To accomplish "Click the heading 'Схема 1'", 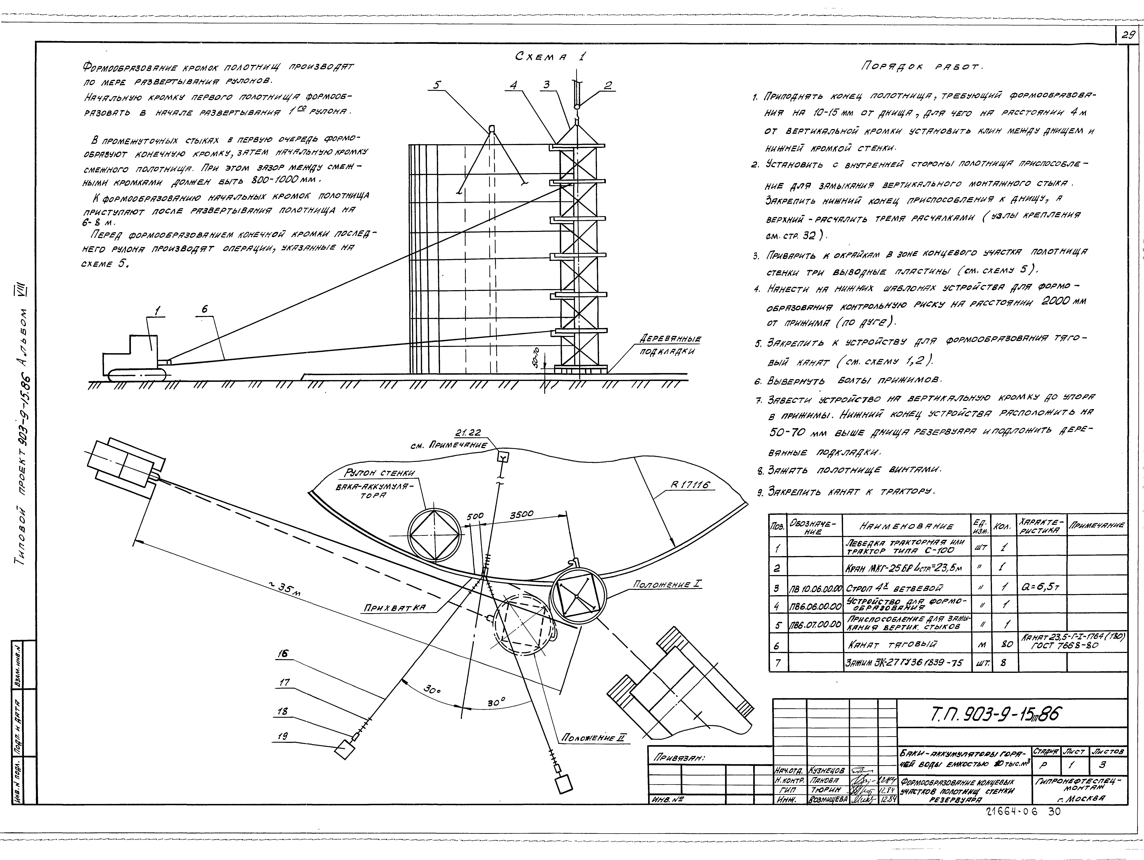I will [x=550, y=57].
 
